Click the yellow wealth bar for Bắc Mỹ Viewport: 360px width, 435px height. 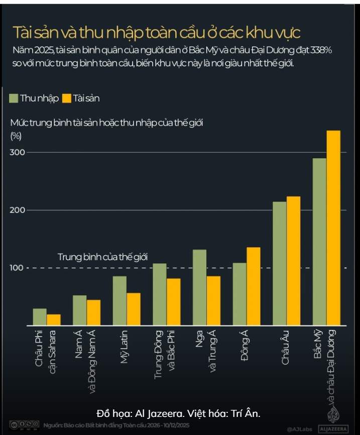[x=333, y=229]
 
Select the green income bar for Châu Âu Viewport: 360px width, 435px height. [x=279, y=264]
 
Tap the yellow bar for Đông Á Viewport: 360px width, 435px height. [x=254, y=286]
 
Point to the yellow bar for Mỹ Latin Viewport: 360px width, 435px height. [x=134, y=309]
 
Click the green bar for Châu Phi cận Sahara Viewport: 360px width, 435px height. [x=40, y=317]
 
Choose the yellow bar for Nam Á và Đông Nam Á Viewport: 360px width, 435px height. [x=93, y=313]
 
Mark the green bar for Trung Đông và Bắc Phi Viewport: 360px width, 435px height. [x=159, y=294]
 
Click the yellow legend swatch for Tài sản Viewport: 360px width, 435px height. [x=67, y=98]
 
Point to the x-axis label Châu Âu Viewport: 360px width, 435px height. [x=285, y=350]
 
